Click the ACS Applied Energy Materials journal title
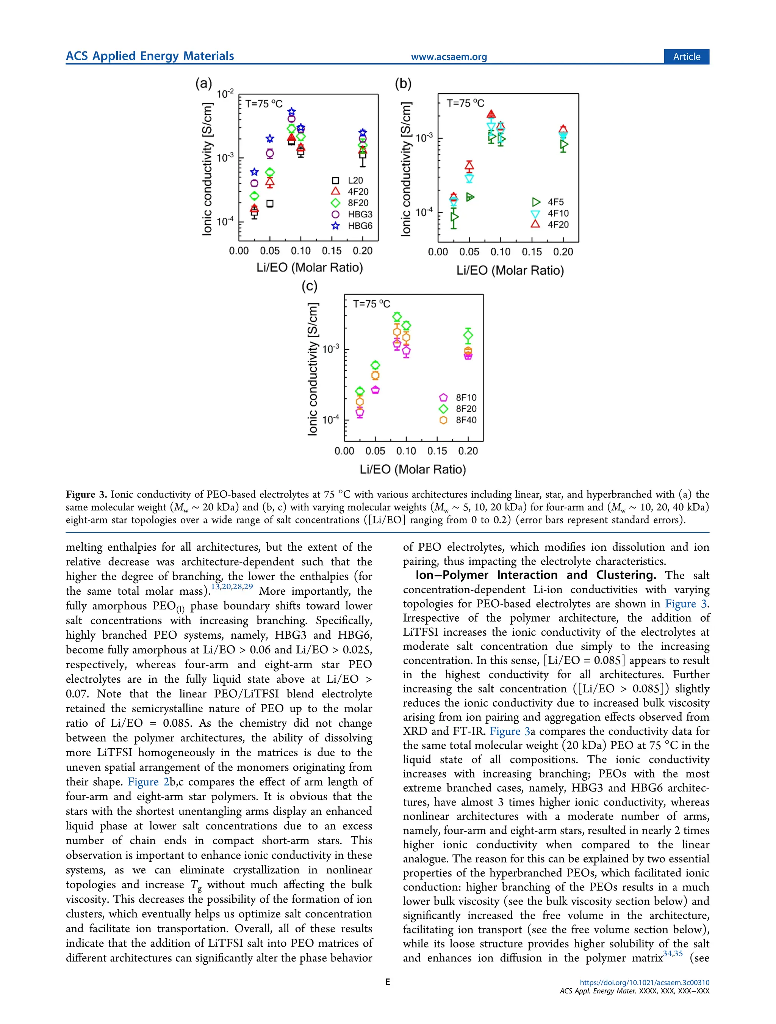[x=150, y=56]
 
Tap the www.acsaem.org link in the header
[x=449, y=57]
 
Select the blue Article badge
[x=686, y=57]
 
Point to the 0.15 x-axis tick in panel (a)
[x=332, y=251]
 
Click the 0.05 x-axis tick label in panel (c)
[x=375, y=451]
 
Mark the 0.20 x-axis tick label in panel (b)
[x=563, y=252]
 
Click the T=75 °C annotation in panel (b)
[x=465, y=103]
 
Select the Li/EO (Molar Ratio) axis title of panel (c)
[x=413, y=470]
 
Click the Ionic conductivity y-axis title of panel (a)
[x=208, y=169]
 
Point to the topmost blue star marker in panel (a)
[x=291, y=112]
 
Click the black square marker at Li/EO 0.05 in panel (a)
[x=270, y=204]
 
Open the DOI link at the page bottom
[x=644, y=982]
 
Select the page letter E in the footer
[x=388, y=982]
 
